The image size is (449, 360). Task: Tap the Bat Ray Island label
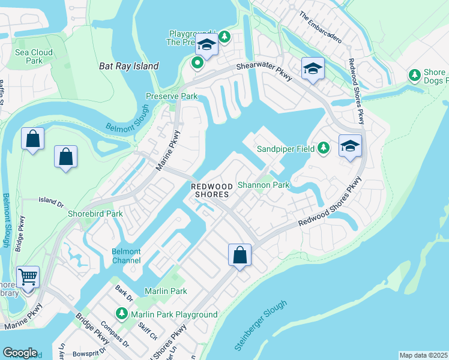(x=128, y=66)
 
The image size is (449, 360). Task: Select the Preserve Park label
(x=172, y=96)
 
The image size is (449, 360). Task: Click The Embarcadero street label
(x=320, y=28)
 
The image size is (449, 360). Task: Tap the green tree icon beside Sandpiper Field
(x=324, y=148)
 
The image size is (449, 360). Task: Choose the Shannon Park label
(x=264, y=185)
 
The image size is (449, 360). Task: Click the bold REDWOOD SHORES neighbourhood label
(x=211, y=190)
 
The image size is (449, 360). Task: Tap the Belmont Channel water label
(x=126, y=256)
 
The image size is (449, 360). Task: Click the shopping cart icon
(x=28, y=278)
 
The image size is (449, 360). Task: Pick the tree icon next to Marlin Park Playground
(x=121, y=314)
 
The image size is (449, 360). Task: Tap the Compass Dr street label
(x=118, y=336)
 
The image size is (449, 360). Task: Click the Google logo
(x=20, y=353)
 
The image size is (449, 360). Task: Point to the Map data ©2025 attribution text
(x=423, y=355)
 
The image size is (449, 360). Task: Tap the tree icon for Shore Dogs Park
(x=414, y=75)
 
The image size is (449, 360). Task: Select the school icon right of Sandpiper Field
(x=351, y=146)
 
